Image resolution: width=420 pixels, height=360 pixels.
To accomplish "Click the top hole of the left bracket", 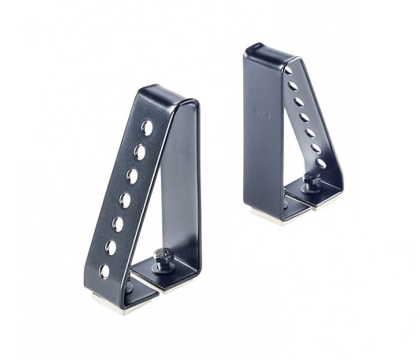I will tap(147, 128).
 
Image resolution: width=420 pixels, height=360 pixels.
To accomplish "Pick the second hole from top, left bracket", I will tap(140, 152).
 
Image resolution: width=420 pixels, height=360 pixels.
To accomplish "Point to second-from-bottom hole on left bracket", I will tap(110, 248).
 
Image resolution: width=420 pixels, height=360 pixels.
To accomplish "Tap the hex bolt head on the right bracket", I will tap(312, 179).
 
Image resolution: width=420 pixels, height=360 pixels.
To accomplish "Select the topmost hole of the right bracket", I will tap(288, 70).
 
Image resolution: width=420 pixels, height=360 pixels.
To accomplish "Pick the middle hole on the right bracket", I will tap(305, 118).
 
